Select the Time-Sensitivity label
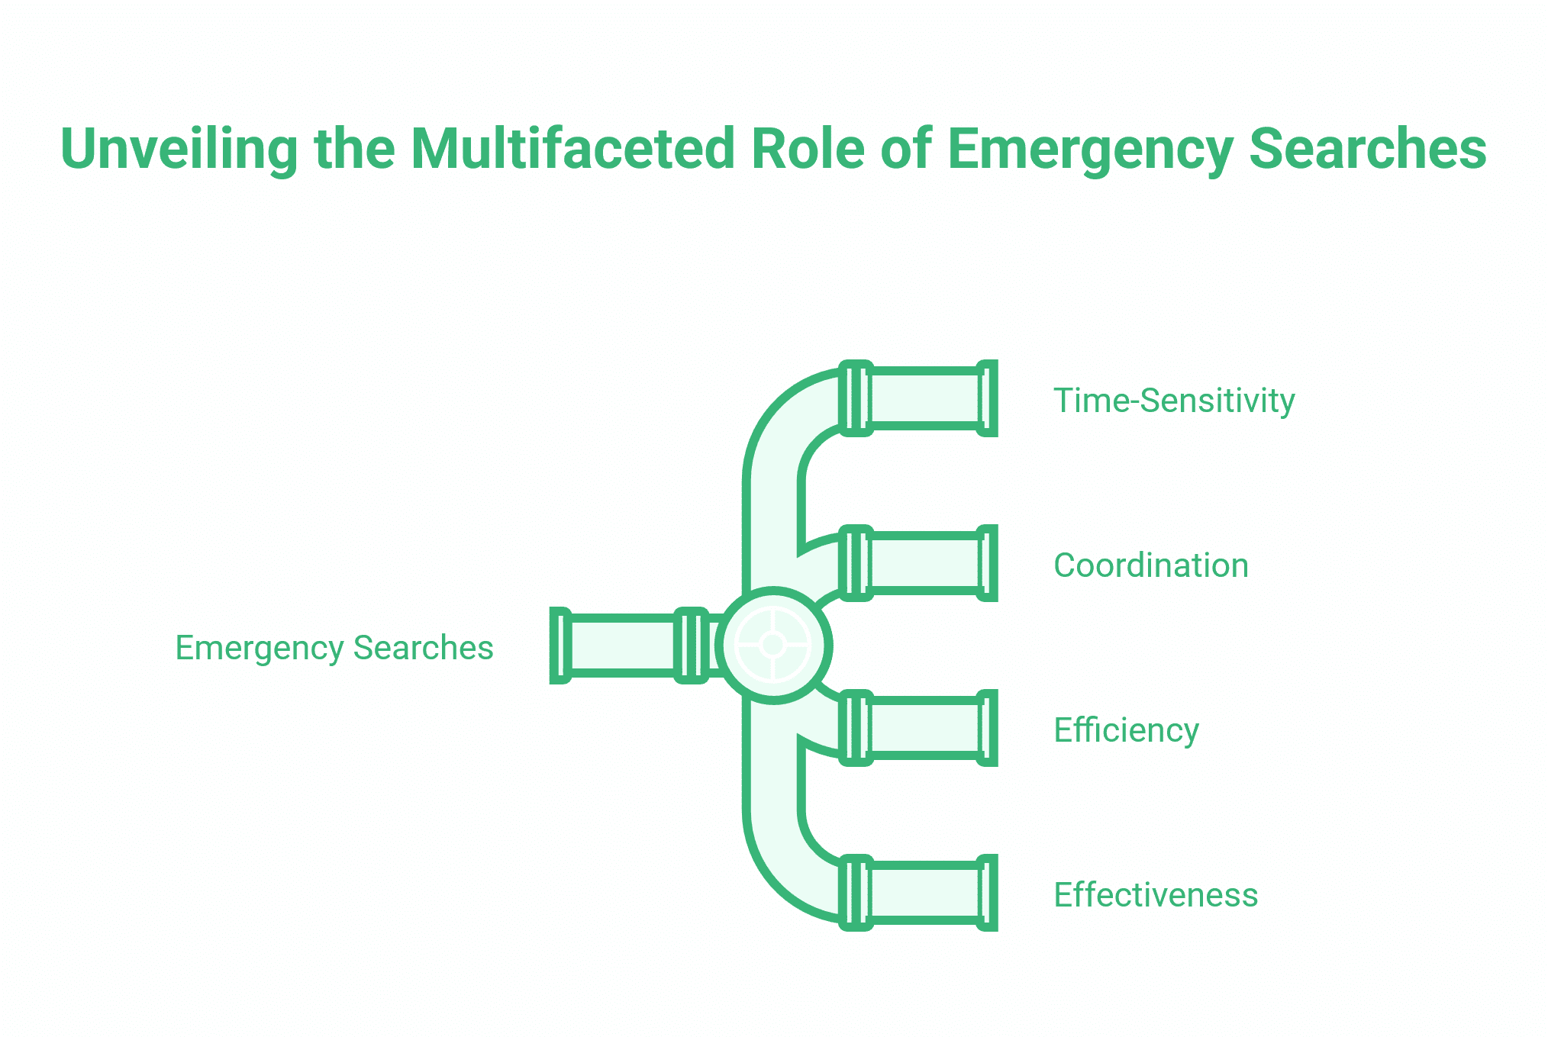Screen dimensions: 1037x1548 [x=1174, y=401]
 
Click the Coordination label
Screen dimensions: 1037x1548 [x=1151, y=565]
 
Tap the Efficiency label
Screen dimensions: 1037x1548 [x=1126, y=730]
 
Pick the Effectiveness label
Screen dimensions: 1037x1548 [x=1156, y=895]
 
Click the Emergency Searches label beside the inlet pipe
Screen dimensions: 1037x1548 [x=334, y=648]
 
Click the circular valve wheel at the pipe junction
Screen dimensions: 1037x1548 [x=774, y=646]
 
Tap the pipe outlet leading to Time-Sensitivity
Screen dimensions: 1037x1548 [x=925, y=398]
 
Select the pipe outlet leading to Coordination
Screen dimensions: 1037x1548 [x=925, y=563]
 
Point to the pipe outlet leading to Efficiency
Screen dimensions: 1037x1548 [x=925, y=728]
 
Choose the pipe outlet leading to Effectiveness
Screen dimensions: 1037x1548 [x=925, y=893]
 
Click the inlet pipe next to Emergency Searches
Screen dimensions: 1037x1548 [x=622, y=646]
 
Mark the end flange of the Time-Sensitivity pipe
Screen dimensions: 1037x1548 [x=988, y=398]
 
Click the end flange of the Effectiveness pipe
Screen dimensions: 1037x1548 [x=988, y=893]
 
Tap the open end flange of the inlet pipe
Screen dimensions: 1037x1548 [x=560, y=646]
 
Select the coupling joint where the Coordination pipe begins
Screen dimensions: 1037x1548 [x=856, y=563]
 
